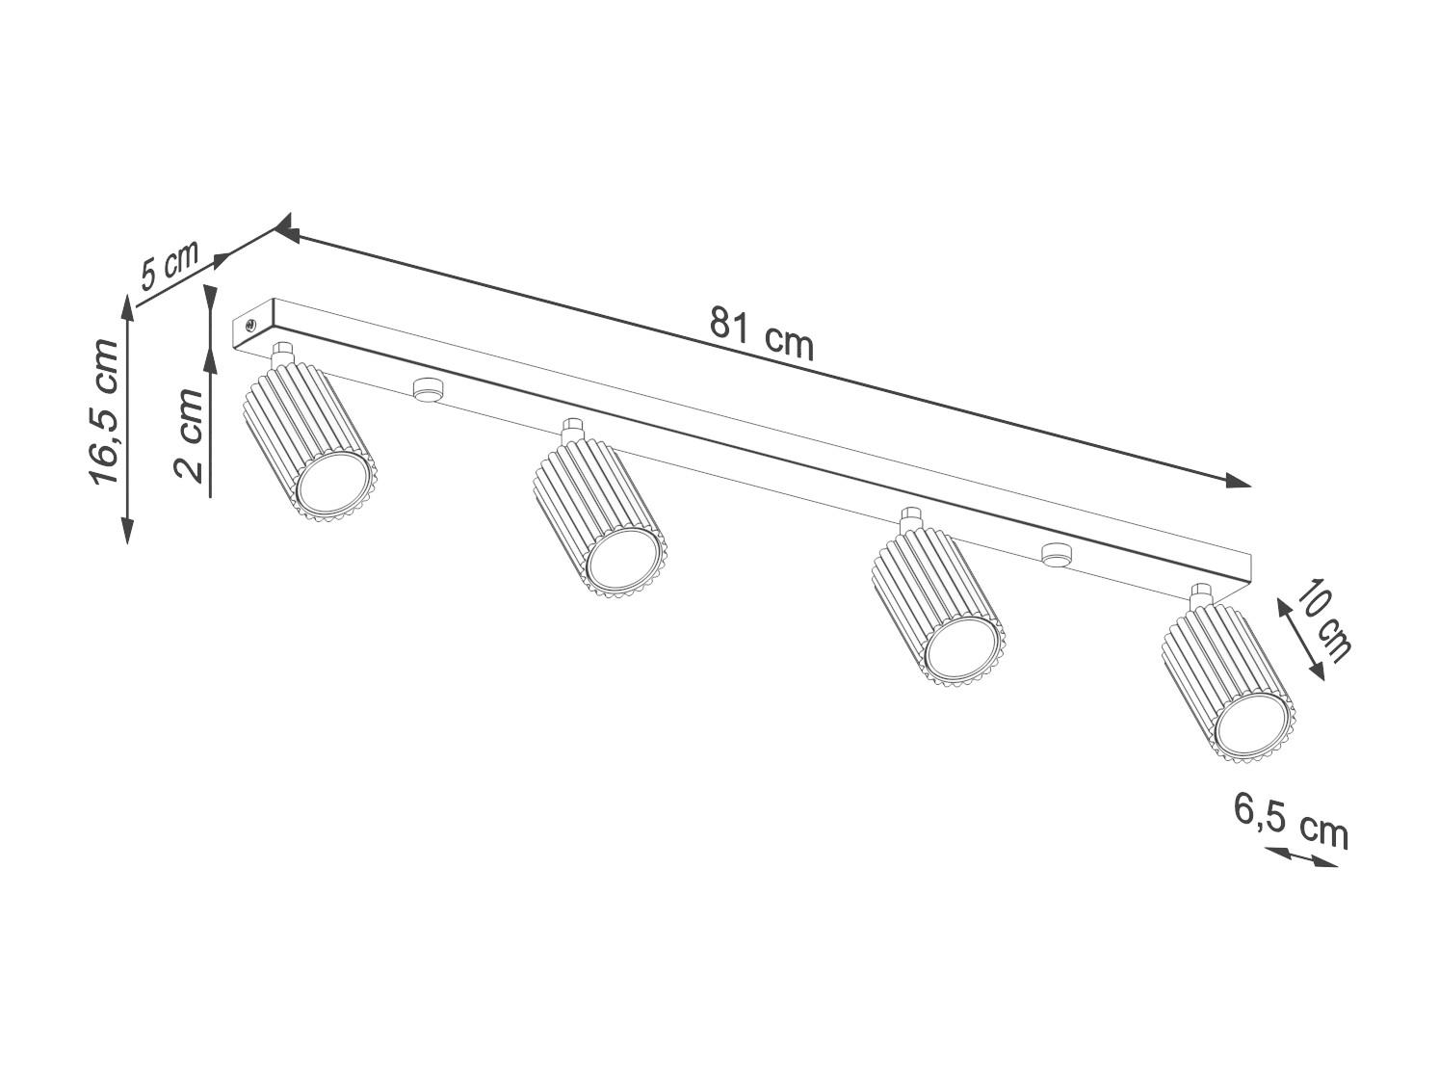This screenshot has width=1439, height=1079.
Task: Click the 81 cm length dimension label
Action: (761, 334)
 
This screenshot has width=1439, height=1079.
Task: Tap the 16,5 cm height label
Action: (105, 411)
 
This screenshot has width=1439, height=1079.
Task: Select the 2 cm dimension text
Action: (188, 435)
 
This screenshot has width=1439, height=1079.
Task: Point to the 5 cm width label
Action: (169, 266)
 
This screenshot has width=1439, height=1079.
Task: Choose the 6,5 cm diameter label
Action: (1291, 829)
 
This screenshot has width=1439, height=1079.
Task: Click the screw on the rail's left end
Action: (249, 325)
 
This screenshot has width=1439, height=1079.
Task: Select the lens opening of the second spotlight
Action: (623, 561)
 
